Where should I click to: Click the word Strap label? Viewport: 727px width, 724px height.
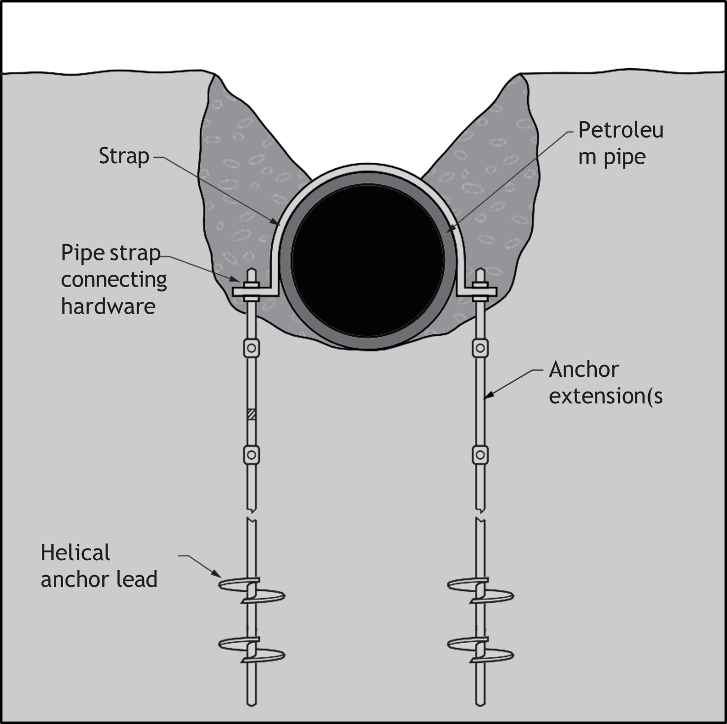click(124, 156)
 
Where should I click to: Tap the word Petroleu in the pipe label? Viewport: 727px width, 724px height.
click(620, 131)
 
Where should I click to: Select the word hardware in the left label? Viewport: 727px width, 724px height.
click(109, 306)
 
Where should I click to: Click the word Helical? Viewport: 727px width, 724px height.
click(75, 553)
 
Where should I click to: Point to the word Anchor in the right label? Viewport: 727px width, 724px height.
click(583, 369)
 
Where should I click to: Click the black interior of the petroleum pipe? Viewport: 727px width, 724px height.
click(367, 260)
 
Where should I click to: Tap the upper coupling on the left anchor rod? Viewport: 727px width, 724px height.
click(252, 348)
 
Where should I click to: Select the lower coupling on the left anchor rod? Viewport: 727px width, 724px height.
click(252, 455)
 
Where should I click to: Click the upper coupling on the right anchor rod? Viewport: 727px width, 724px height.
click(480, 348)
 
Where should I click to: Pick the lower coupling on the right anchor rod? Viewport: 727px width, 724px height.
click(480, 455)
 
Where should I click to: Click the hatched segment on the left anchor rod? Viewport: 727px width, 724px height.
click(252, 414)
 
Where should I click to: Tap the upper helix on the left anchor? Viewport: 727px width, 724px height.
click(252, 590)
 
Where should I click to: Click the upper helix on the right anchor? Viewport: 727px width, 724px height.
click(480, 590)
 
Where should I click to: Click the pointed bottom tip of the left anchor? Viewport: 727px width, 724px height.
click(252, 706)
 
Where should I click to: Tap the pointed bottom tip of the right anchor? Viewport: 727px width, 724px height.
click(480, 706)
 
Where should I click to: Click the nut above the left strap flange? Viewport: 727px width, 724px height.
click(252, 285)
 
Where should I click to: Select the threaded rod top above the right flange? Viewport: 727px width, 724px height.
click(480, 275)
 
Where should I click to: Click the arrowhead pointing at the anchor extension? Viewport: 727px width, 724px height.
click(488, 396)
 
